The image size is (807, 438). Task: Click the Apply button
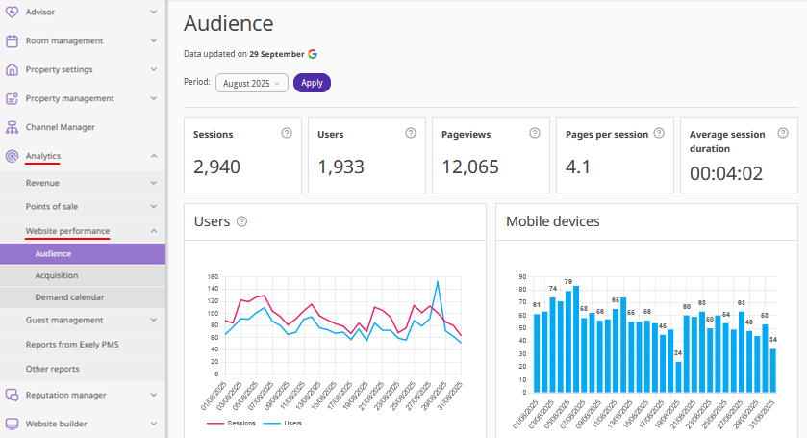pyautogui.click(x=312, y=83)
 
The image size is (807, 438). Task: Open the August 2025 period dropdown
pyautogui.click(x=252, y=83)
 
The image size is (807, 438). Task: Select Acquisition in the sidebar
pyautogui.click(x=57, y=275)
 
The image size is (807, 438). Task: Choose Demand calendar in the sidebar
pyautogui.click(x=69, y=297)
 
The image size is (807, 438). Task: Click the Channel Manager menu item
pyautogui.click(x=60, y=127)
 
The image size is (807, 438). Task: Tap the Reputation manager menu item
pyautogui.click(x=65, y=395)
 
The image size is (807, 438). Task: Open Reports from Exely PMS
pyautogui.click(x=72, y=344)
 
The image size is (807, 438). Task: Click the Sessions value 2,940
pyautogui.click(x=216, y=167)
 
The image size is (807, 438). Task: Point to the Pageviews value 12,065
pyautogui.click(x=470, y=167)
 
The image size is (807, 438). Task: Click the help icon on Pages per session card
pyautogui.click(x=659, y=134)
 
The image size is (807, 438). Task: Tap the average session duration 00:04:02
pyautogui.click(x=726, y=173)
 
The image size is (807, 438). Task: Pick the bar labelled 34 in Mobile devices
pyautogui.click(x=772, y=371)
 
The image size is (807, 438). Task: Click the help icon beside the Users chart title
pyautogui.click(x=241, y=221)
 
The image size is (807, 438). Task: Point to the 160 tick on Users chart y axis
pyautogui.click(x=214, y=276)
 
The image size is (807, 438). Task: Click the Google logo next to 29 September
pyautogui.click(x=313, y=54)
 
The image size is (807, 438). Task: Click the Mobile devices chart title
pyautogui.click(x=553, y=221)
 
